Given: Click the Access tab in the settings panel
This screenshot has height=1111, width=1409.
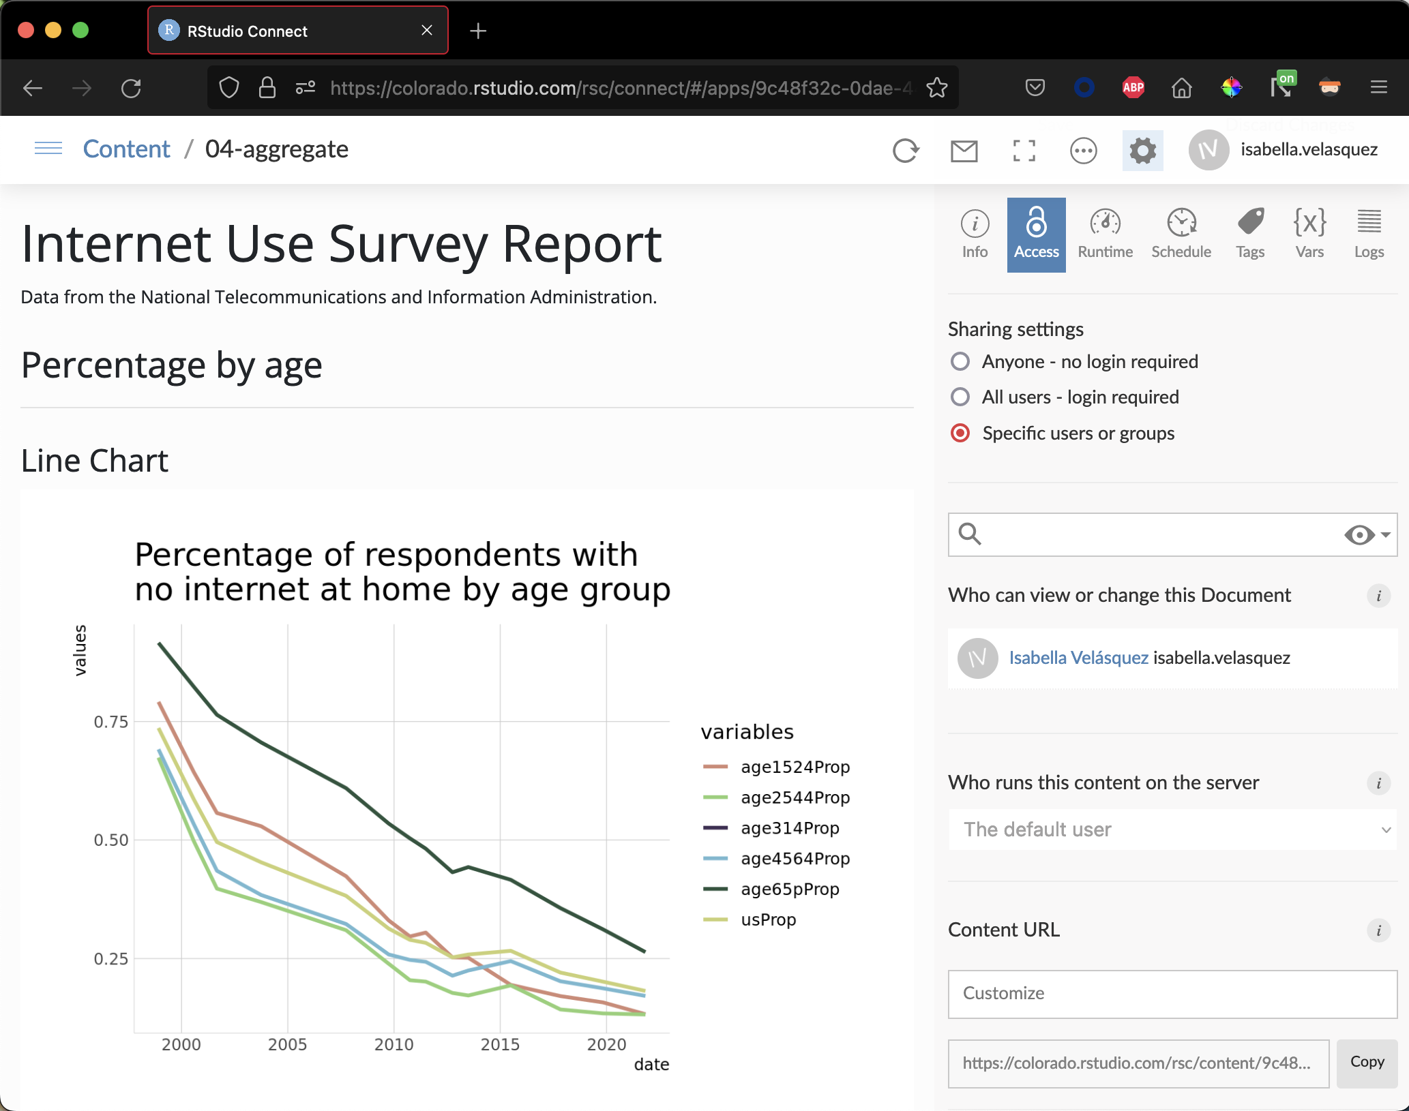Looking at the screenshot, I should pyautogui.click(x=1036, y=234).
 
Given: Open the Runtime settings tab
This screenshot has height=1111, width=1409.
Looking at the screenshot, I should pyautogui.click(x=1105, y=234).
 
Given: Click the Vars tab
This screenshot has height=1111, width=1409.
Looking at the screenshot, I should pyautogui.click(x=1309, y=234).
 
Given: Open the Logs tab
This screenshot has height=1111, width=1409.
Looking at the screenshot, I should pyautogui.click(x=1369, y=234).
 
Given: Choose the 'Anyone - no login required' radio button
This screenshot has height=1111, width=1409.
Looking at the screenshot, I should pyautogui.click(x=960, y=361).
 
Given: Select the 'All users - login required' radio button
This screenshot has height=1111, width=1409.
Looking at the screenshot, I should pyautogui.click(x=960, y=397).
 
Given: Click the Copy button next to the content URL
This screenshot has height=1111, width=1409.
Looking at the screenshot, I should pyautogui.click(x=1367, y=1062).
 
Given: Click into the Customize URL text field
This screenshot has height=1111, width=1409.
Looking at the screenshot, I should pyautogui.click(x=1172, y=994).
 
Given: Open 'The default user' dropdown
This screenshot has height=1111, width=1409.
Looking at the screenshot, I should pyautogui.click(x=1172, y=830).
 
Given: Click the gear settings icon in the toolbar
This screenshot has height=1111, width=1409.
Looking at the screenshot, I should pyautogui.click(x=1142, y=151).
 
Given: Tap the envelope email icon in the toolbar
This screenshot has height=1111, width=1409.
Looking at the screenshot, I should pyautogui.click(x=964, y=151).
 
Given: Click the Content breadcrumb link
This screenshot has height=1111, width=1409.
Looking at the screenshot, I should pyautogui.click(x=126, y=149).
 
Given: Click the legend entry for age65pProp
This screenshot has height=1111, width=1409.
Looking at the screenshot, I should pyautogui.click(x=790, y=889).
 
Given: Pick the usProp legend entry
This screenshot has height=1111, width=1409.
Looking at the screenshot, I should pyautogui.click(x=768, y=919).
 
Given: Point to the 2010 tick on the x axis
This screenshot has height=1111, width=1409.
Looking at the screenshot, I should pyautogui.click(x=394, y=1044).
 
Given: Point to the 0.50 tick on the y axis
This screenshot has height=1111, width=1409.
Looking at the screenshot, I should pyautogui.click(x=111, y=840).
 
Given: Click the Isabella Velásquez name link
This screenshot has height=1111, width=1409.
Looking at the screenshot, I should pyautogui.click(x=1078, y=658).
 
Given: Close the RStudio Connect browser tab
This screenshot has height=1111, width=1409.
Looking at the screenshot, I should pyautogui.click(x=427, y=31).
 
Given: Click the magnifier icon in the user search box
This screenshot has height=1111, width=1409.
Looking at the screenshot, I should pyautogui.click(x=970, y=534).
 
